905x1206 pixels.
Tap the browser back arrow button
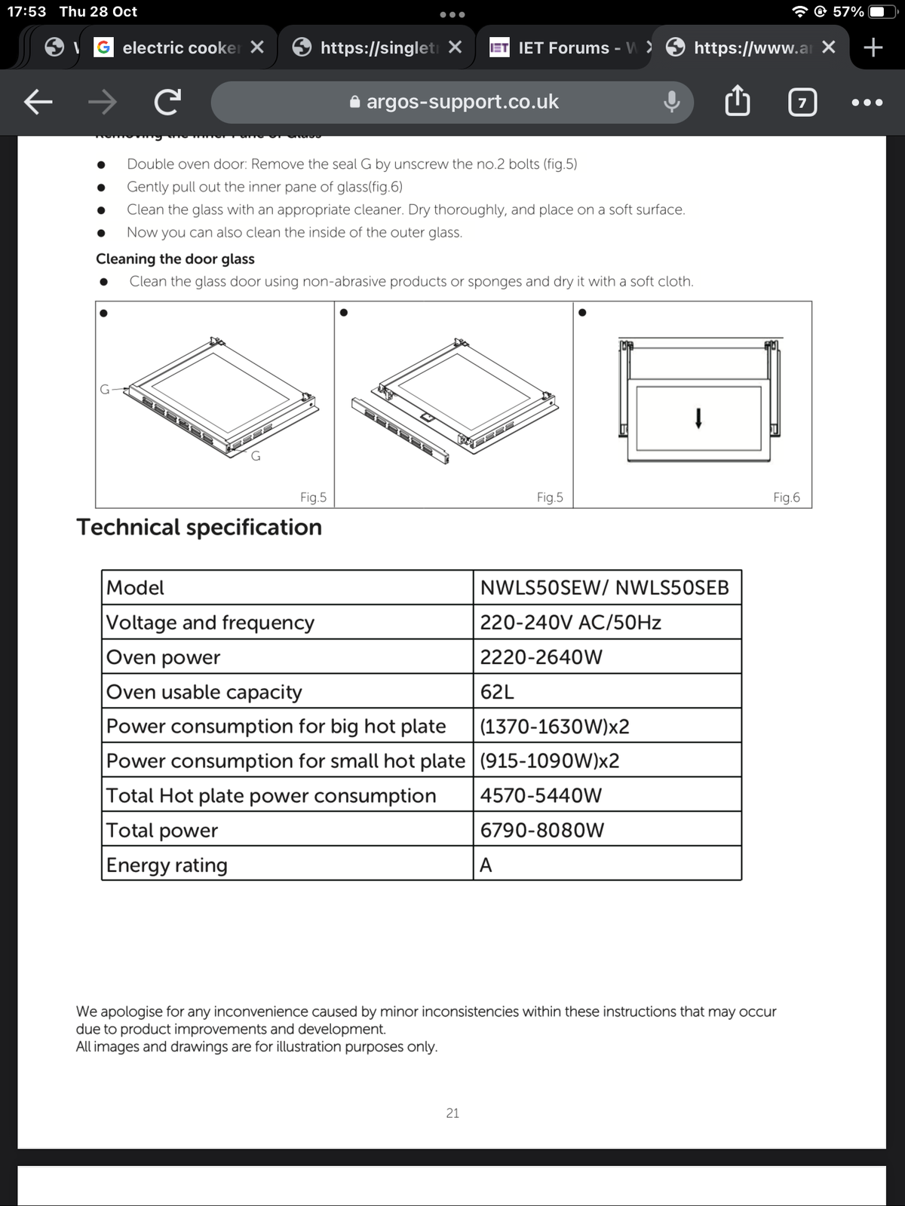tap(38, 103)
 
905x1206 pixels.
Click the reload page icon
tap(167, 103)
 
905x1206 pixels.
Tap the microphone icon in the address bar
tap(671, 103)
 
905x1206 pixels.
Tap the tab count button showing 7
tap(802, 103)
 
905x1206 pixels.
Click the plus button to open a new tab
tap(873, 47)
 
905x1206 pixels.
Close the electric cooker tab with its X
tap(256, 47)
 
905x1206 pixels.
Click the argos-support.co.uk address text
tap(462, 102)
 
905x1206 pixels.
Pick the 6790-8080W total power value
tap(541, 830)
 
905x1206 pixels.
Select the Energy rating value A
tap(486, 865)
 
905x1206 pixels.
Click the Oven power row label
tap(163, 657)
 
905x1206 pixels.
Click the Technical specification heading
tap(199, 527)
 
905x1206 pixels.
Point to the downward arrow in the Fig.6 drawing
tap(698, 418)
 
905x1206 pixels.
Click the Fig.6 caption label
tap(787, 497)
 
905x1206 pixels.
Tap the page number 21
tap(452, 1113)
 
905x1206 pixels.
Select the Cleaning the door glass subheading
tap(175, 259)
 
